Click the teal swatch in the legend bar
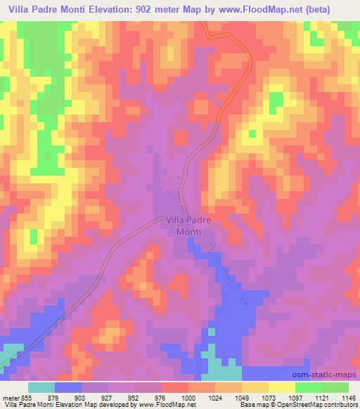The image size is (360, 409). coord(41,387)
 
